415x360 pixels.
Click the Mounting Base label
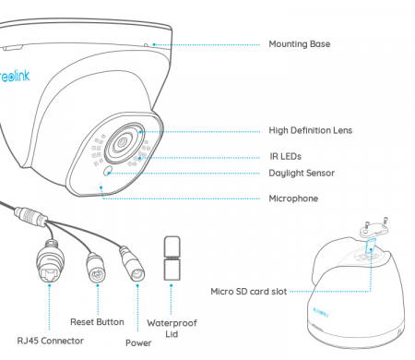tap(300, 44)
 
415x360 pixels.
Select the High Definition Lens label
tap(311, 131)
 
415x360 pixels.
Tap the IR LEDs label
tap(285, 157)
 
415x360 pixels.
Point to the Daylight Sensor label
tap(302, 174)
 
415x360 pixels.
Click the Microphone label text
tap(293, 198)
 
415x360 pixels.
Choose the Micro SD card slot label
tap(249, 292)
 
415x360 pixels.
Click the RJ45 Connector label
tap(50, 341)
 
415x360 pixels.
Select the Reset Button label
tap(97, 322)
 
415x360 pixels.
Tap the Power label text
tap(138, 343)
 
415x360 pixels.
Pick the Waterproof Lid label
tap(172, 329)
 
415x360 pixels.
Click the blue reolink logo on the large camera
tap(15, 76)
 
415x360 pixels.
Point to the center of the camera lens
tap(123, 142)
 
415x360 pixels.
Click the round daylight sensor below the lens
tap(107, 171)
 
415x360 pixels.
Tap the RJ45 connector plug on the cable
tap(50, 260)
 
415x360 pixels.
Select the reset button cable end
tap(96, 268)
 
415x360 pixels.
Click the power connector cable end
tap(133, 264)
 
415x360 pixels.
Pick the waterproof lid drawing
tap(172, 258)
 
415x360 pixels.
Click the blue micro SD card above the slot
tap(370, 246)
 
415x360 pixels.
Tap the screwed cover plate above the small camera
tap(373, 228)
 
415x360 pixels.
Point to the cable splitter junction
tap(31, 216)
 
